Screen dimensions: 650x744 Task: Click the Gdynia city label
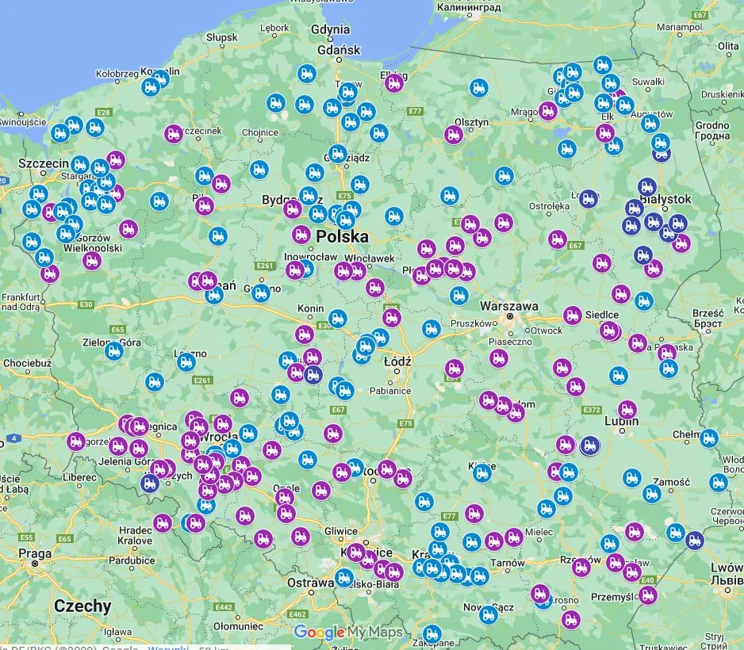(331, 29)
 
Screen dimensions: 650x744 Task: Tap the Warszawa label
(508, 306)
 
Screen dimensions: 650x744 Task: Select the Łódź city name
(397, 361)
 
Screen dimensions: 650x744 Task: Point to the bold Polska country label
(342, 237)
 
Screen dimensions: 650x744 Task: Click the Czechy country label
(82, 606)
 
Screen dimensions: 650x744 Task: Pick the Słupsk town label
(221, 36)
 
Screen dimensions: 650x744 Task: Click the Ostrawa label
(310, 583)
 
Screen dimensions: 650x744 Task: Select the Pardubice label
(132, 560)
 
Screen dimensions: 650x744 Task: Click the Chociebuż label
(27, 363)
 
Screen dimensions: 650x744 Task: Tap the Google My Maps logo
(348, 633)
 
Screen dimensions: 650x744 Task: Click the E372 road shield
(591, 410)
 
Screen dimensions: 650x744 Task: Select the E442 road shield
(224, 606)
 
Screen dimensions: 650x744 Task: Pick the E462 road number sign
(297, 614)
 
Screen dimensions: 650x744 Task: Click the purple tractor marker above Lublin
(627, 410)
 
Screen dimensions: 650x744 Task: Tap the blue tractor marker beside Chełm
(708, 438)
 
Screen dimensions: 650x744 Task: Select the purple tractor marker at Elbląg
(393, 83)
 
